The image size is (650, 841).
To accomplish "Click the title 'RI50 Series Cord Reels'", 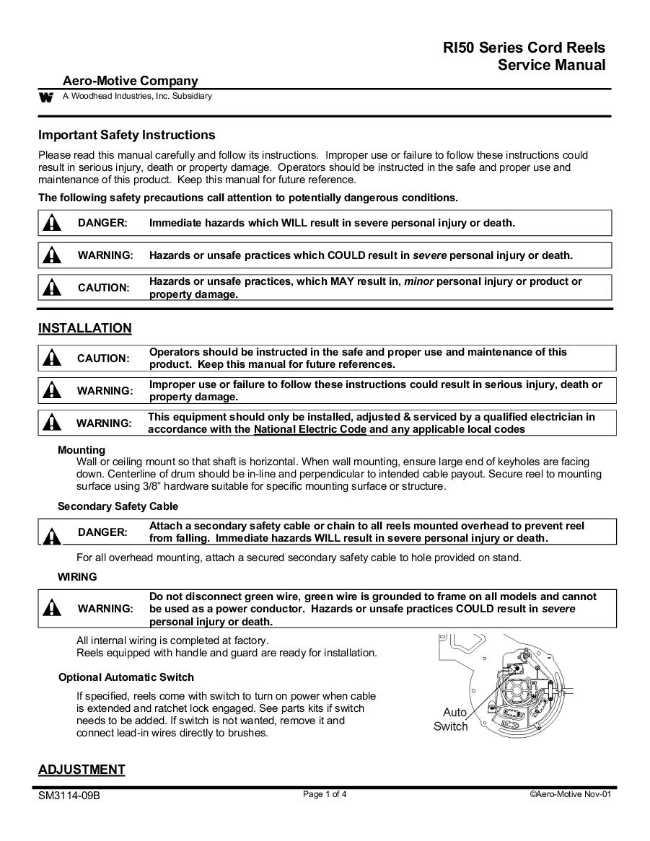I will tap(524, 48).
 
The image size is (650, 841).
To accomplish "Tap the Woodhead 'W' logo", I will tap(46, 97).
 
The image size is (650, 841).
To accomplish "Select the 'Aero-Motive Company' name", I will tap(130, 81).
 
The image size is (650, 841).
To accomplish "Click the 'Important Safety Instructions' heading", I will tap(126, 135).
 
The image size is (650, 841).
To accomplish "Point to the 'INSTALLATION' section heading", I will tap(84, 328).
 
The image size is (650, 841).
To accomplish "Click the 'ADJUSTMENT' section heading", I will tap(82, 770).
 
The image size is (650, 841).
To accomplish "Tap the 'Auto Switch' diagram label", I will tap(451, 719).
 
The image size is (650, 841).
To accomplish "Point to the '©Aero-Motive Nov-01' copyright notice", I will tap(571, 795).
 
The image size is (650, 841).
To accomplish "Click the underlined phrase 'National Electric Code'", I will tap(310, 429).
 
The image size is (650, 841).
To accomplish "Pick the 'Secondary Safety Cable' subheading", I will tap(118, 506).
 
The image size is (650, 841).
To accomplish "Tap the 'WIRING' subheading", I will tap(77, 577).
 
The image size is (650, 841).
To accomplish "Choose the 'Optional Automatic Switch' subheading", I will tap(126, 677).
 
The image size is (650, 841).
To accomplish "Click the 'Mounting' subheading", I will tap(82, 450).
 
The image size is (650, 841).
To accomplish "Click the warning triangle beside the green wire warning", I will tap(51, 609).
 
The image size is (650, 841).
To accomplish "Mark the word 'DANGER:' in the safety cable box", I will tap(102, 532).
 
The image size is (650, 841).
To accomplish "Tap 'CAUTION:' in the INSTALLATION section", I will tap(104, 358).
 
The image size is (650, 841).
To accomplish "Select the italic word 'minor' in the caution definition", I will tap(419, 281).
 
